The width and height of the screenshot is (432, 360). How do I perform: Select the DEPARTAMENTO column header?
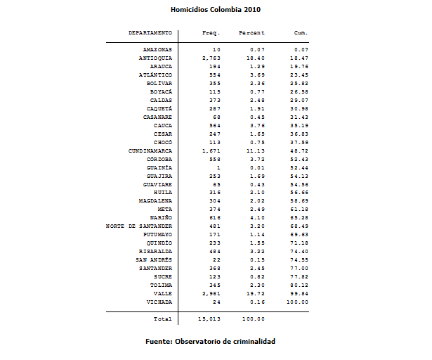point(150,33)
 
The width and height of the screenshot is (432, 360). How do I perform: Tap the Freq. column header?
point(211,33)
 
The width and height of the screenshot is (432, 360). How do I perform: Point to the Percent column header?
point(251,33)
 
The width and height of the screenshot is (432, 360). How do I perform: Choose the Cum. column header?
point(301,33)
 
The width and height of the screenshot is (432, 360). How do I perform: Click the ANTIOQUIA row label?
point(155,58)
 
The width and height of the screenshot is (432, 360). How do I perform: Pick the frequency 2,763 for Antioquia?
point(211,58)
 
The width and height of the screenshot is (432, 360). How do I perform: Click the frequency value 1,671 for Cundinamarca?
point(211,150)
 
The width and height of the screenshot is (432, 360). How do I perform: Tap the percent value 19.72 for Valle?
point(256,293)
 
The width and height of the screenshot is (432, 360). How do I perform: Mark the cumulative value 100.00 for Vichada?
point(298,302)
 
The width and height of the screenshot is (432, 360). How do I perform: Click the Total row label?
point(162,319)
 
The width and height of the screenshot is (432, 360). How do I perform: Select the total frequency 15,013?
point(209,319)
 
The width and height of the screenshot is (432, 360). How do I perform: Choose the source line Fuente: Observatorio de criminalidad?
point(211,341)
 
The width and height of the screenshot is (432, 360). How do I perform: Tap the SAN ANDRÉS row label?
point(154,259)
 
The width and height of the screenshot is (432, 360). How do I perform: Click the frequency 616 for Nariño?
point(214,217)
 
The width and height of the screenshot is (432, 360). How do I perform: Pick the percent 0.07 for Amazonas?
point(258,49)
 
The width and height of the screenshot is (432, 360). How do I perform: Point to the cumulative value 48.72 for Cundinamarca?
point(300,150)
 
